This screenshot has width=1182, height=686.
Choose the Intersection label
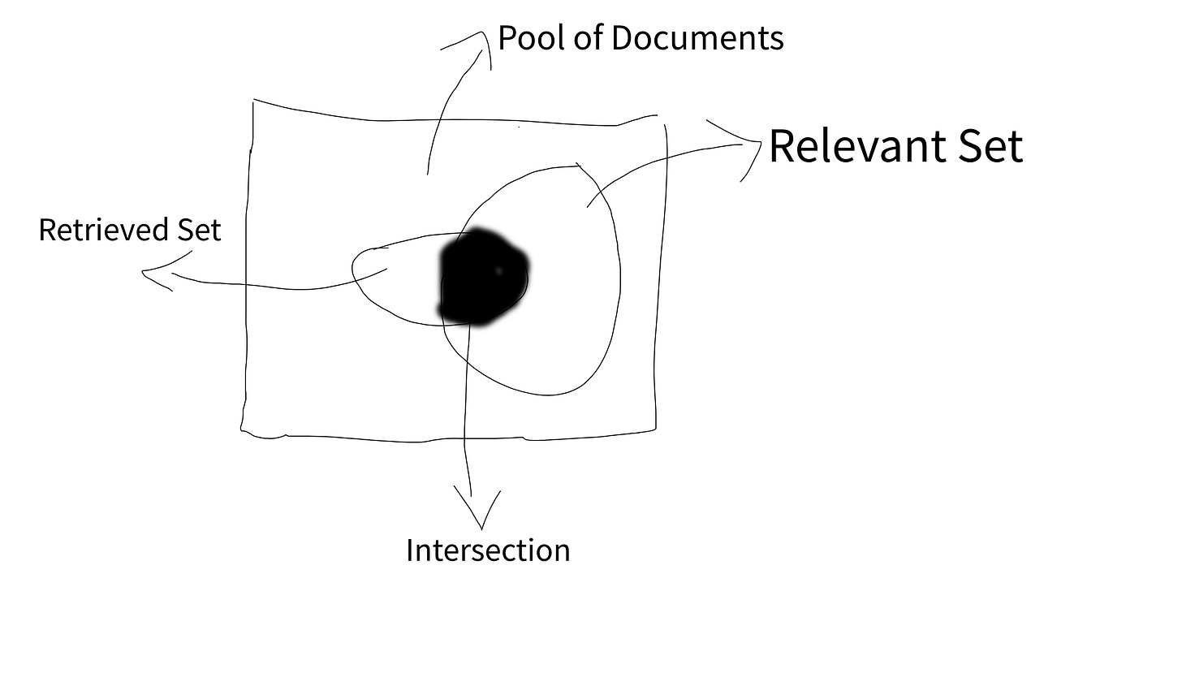(488, 550)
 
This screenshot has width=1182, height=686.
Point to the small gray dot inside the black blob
(498, 270)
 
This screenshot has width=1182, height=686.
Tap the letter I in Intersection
(410, 550)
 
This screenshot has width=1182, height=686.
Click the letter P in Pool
(507, 38)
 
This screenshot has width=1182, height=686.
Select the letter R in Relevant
(783, 146)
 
